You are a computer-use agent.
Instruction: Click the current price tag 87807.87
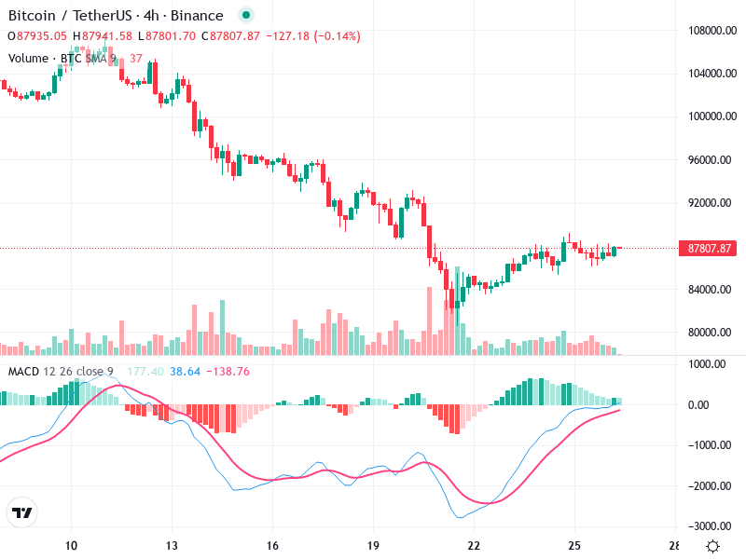coord(711,249)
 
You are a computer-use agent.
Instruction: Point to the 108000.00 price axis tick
coord(710,31)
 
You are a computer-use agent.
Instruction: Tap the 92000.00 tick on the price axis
coord(710,203)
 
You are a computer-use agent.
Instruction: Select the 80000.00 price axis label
coord(710,333)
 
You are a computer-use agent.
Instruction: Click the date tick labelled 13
coord(172,546)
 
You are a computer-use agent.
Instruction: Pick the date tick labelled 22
coord(474,546)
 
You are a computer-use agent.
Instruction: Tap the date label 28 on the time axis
coord(674,546)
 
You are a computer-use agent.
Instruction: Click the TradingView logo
coord(22,513)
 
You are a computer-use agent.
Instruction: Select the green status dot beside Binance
coord(245,16)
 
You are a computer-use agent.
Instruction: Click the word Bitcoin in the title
coord(34,16)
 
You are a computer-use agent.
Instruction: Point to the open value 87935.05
coord(42,36)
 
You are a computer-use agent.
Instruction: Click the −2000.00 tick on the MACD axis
coord(709,486)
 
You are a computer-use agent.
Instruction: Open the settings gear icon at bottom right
coord(712,546)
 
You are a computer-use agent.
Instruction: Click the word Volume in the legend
coord(28,58)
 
